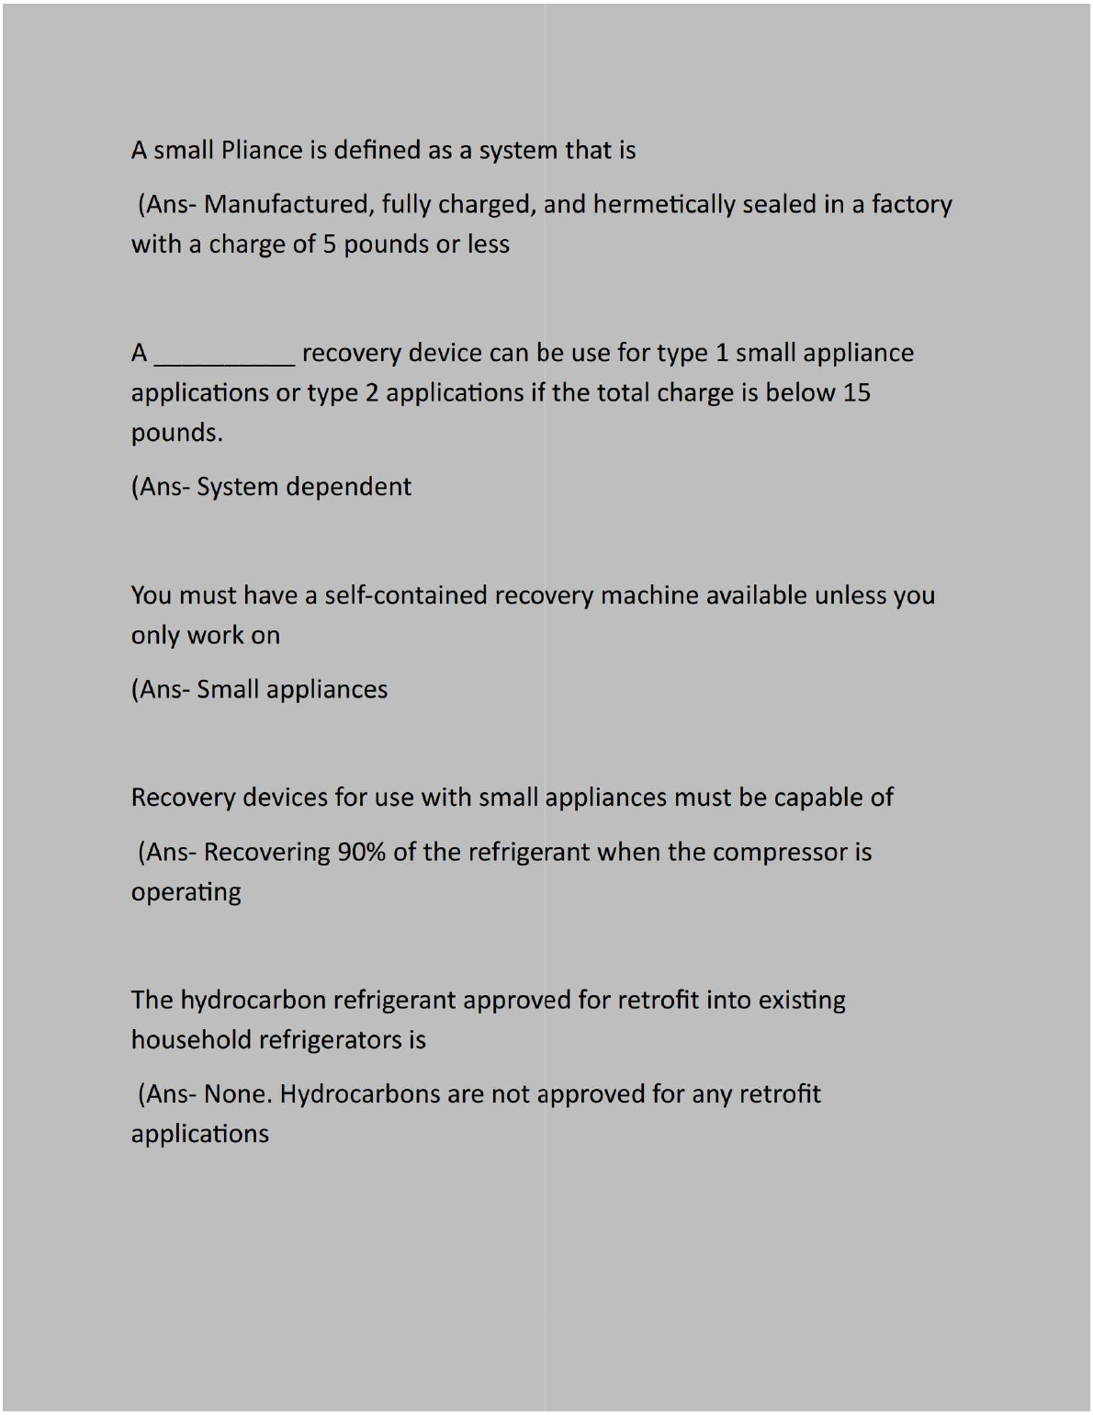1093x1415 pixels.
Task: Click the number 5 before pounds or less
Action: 329,244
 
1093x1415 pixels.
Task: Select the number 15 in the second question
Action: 856,393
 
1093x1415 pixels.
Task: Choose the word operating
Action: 186,893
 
